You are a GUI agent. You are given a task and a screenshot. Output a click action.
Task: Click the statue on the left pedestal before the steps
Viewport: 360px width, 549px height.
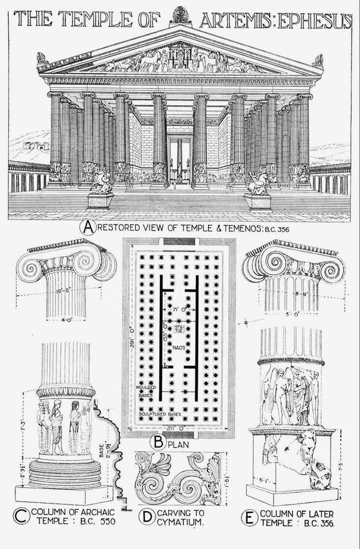coord(101,182)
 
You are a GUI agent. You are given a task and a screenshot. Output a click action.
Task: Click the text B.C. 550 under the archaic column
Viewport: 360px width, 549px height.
coord(93,522)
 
